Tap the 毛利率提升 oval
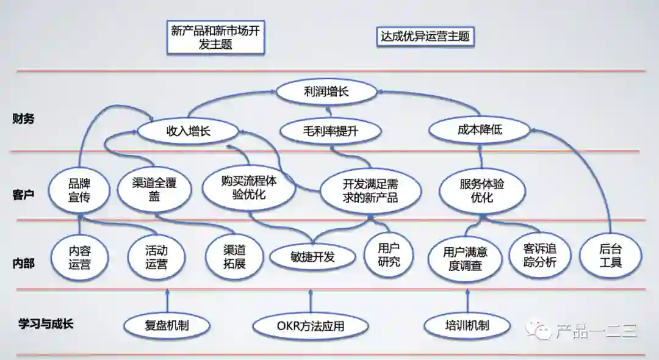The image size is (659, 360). tap(331, 131)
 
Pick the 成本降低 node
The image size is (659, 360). tap(475, 130)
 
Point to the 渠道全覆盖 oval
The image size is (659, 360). tap(154, 190)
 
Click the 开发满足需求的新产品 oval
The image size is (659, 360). tap(370, 190)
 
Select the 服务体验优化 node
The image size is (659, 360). tap(481, 190)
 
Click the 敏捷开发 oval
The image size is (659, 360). tap(312, 257)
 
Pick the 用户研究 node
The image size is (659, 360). tap(389, 254)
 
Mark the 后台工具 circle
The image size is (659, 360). tap(610, 256)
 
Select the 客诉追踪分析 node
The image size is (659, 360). tap(539, 256)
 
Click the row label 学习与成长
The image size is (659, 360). tap(46, 323)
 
